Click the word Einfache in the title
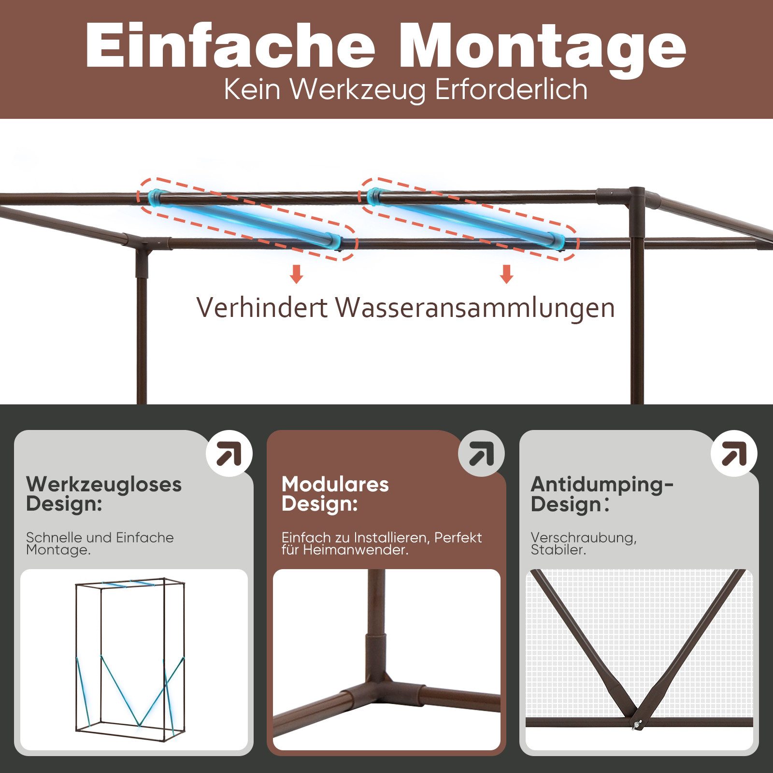pyautogui.click(x=230, y=45)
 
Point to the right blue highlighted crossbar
pyautogui.click(x=466, y=218)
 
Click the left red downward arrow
pyautogui.click(x=297, y=274)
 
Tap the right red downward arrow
pyautogui.click(x=507, y=274)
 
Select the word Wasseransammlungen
pyautogui.click(x=475, y=307)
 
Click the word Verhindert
pyautogui.click(x=262, y=307)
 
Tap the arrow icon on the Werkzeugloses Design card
pyautogui.click(x=229, y=453)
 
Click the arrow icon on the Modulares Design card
pyautogui.click(x=482, y=453)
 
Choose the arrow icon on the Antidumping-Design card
pyautogui.click(x=734, y=453)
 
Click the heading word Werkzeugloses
pyautogui.click(x=104, y=485)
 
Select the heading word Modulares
pyautogui.click(x=335, y=484)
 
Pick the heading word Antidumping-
pyautogui.click(x=602, y=485)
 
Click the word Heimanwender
pyautogui.click(x=356, y=550)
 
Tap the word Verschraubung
pyautogui.click(x=584, y=538)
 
